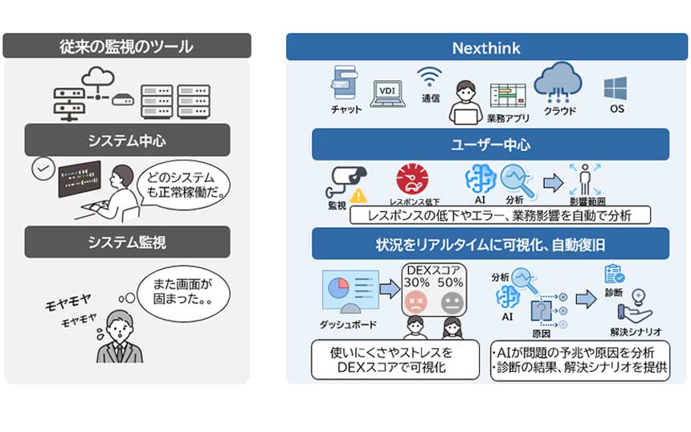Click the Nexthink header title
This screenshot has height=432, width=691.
(487, 47)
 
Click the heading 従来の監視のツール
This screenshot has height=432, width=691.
(127, 47)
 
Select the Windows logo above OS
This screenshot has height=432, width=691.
(615, 87)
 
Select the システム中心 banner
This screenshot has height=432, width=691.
(127, 140)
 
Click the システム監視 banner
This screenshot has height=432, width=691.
(127, 241)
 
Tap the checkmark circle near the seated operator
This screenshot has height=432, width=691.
(43, 169)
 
